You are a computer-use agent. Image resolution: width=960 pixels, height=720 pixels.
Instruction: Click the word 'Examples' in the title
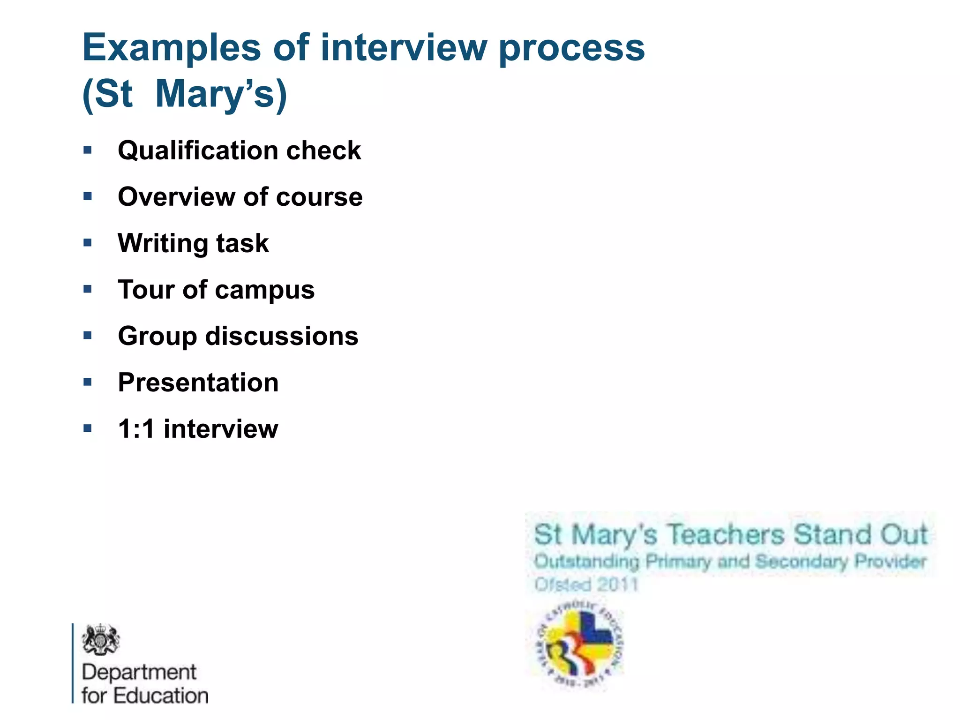pyautogui.click(x=171, y=48)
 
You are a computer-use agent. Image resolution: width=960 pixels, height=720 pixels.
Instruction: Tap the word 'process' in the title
pyautogui.click(x=571, y=48)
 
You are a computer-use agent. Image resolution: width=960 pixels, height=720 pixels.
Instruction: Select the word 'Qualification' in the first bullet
pyautogui.click(x=197, y=150)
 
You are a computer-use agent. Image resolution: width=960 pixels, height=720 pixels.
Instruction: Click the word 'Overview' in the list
pyautogui.click(x=176, y=196)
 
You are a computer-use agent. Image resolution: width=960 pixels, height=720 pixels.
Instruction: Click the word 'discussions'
pyautogui.click(x=282, y=336)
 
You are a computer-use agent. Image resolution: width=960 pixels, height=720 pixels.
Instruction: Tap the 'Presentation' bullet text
pyautogui.click(x=198, y=382)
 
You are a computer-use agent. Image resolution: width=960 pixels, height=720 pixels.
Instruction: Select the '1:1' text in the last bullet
pyautogui.click(x=136, y=429)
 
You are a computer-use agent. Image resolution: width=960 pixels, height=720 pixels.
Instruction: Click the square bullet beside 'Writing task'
pyautogui.click(x=88, y=242)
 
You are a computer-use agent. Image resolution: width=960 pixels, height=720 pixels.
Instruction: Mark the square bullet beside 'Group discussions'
pyautogui.click(x=88, y=335)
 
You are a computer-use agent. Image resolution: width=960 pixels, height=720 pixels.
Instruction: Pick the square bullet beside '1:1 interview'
pyautogui.click(x=88, y=428)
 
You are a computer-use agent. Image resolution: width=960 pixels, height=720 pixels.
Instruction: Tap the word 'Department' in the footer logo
pyautogui.click(x=139, y=672)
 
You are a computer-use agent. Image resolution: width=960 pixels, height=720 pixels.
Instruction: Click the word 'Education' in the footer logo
pyautogui.click(x=161, y=696)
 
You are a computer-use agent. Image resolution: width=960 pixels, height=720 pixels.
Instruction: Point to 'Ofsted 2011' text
pyautogui.click(x=586, y=585)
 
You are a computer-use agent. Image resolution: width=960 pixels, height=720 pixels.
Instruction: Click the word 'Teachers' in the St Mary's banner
pyautogui.click(x=725, y=535)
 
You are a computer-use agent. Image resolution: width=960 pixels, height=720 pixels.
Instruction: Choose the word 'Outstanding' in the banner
pyautogui.click(x=586, y=561)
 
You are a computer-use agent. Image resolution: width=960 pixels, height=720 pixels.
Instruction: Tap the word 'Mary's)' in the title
pyautogui.click(x=220, y=94)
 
